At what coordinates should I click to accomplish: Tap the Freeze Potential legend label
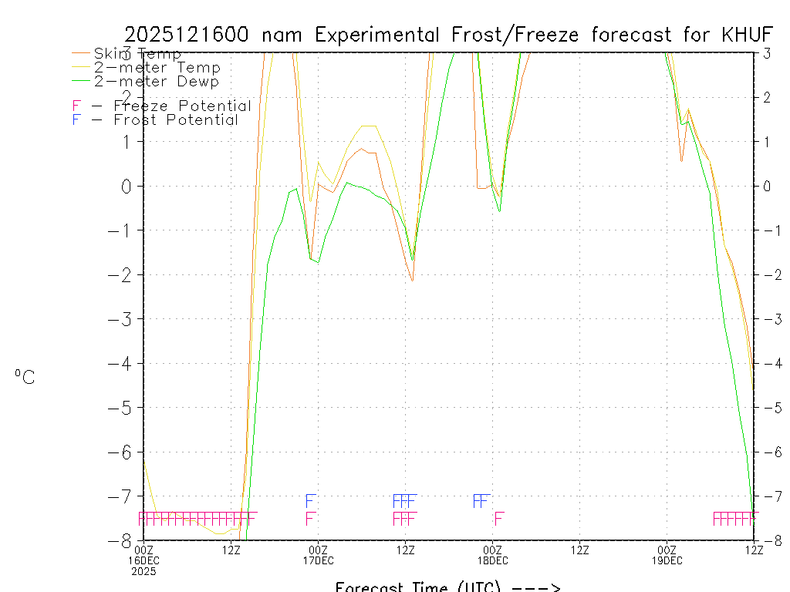pos(182,106)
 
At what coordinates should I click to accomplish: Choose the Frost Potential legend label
pos(176,120)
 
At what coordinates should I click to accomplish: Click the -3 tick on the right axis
pos(771,319)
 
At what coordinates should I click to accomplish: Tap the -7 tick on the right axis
pos(771,496)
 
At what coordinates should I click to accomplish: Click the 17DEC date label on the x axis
pos(318,560)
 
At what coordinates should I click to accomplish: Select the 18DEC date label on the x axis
pos(492,560)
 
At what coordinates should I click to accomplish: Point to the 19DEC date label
pos(667,560)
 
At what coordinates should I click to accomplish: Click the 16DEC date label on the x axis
pos(144,560)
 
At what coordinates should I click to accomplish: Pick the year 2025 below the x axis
pos(144,571)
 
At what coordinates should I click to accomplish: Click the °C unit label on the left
pos(25,377)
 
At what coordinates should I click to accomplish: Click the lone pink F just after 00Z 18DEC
pos(499,518)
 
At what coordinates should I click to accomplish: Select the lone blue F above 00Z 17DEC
pos(311,501)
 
